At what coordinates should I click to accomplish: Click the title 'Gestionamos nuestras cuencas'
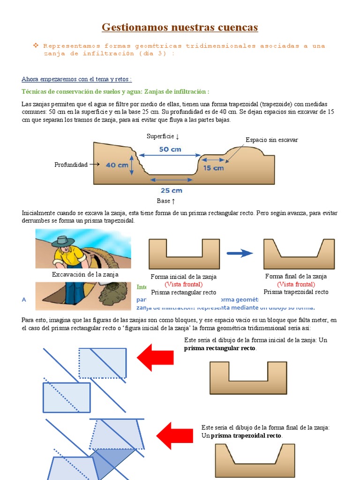coord(180,28)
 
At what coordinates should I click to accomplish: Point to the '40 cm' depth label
coord(117,165)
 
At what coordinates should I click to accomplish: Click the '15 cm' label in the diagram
coord(213,168)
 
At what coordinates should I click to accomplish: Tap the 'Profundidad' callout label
coord(71,165)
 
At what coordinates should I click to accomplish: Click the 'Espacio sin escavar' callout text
coord(271,140)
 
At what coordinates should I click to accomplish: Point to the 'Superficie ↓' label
coord(163,136)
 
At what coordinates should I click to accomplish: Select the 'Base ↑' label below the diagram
coord(166,201)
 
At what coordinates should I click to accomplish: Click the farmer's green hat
coord(62,241)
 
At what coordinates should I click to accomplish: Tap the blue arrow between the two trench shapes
coord(240,253)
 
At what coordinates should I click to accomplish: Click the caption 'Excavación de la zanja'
coord(85,275)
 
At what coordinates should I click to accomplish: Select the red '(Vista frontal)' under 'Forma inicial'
coord(183,285)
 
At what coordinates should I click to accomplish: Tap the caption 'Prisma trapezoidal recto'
coord(296,292)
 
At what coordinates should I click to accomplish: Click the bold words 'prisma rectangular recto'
coord(220,349)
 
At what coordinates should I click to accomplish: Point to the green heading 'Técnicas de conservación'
coord(115,91)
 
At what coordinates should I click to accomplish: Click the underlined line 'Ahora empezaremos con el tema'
coord(77,79)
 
